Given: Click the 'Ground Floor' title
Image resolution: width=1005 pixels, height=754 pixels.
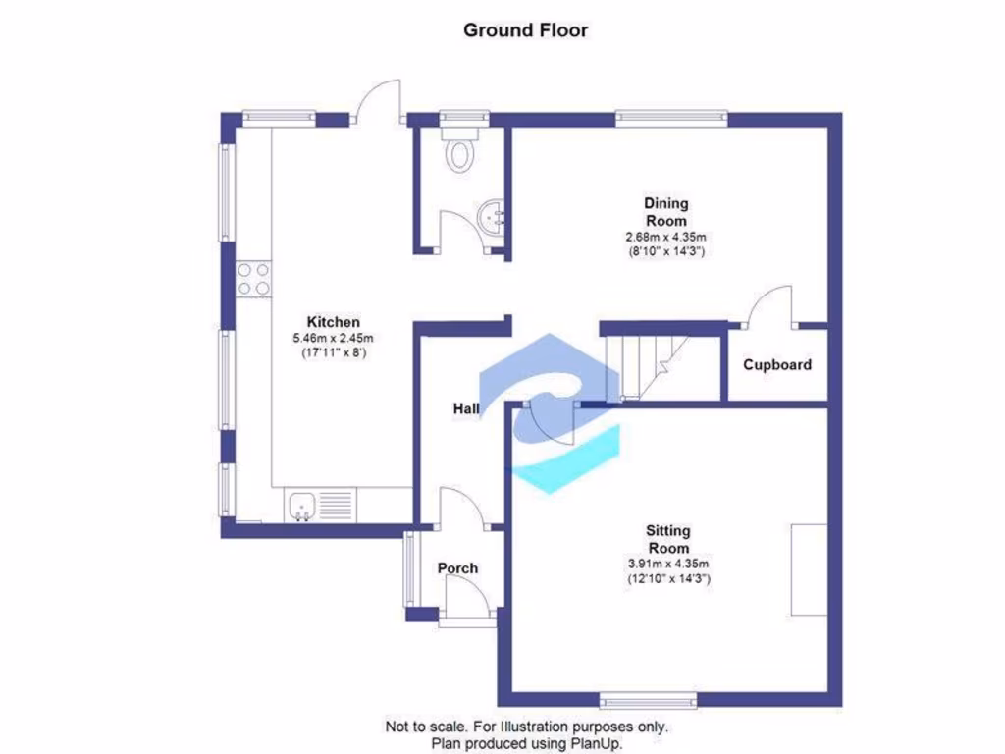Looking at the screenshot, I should [x=525, y=29].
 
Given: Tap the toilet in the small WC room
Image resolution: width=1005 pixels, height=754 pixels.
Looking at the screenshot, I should [x=458, y=152].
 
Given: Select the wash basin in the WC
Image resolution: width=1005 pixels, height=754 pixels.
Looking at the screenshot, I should [x=492, y=217].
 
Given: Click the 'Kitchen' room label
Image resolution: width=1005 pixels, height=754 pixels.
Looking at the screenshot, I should [x=334, y=322].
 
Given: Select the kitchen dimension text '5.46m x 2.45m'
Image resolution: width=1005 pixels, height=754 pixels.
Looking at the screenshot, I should [x=334, y=338].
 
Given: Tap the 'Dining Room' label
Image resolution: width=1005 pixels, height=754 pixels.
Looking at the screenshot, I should [x=665, y=212].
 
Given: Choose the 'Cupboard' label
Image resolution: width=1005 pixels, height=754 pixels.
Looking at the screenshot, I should [x=776, y=365].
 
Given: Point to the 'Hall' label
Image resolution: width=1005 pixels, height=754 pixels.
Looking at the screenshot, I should [x=466, y=407].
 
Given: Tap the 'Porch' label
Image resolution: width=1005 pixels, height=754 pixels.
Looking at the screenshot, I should [x=457, y=568].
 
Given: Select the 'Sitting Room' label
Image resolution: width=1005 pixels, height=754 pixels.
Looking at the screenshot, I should [x=668, y=539].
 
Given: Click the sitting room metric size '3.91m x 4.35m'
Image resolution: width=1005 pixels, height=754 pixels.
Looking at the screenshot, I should [x=668, y=564].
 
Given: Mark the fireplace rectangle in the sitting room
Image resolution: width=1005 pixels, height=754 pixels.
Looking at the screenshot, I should [x=810, y=569].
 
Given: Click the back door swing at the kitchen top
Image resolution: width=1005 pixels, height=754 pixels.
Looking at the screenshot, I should [x=379, y=100].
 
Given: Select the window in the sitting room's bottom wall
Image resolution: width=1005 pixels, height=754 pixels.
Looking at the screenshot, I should [x=649, y=701].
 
